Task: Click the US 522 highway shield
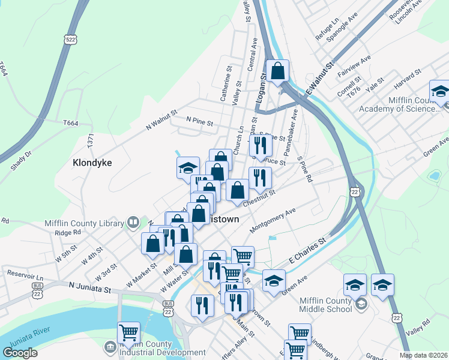point(71,39)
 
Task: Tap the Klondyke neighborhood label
point(92,163)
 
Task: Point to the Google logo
point(20,352)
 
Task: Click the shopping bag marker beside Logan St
point(279,71)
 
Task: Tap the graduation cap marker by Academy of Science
point(440,91)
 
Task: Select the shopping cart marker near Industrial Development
point(128,332)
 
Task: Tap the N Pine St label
point(200,122)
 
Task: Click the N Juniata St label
point(89,288)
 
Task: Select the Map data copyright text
point(424,355)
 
